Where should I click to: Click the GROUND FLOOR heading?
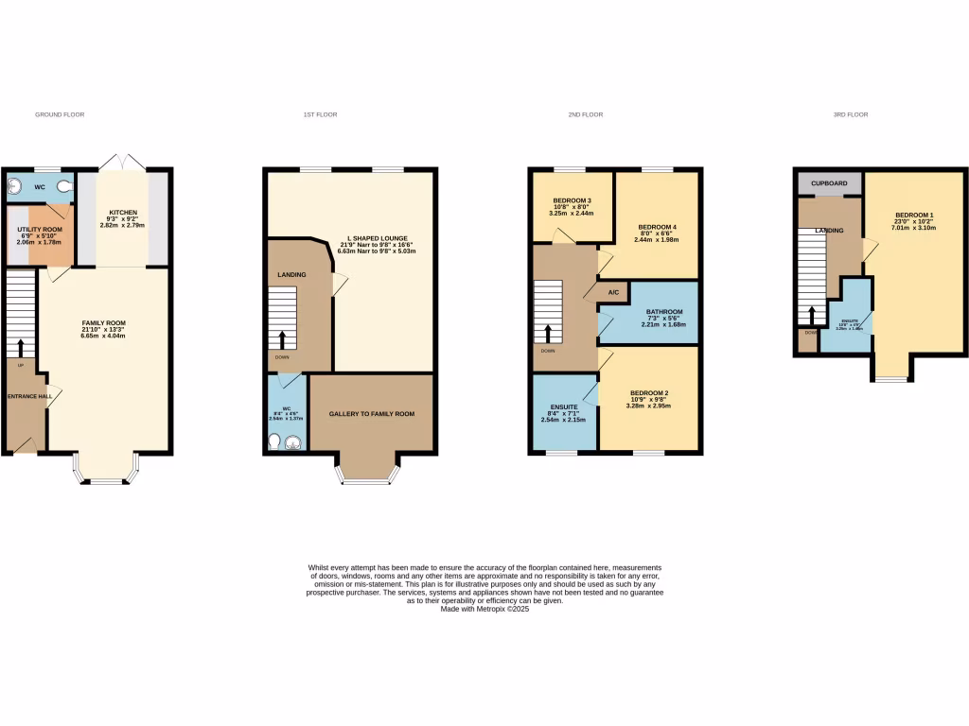pos(60,114)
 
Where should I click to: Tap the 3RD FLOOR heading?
pos(851,114)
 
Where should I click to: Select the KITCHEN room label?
pos(123,212)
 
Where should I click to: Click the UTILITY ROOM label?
pos(40,230)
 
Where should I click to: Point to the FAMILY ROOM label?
pos(104,323)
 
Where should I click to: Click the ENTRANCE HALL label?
pos(29,397)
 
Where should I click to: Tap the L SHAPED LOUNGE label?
pos(375,240)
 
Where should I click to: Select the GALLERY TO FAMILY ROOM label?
pos(372,414)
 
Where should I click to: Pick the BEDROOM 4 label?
pos(658,228)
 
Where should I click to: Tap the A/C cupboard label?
pos(613,292)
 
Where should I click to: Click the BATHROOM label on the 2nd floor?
pos(664,312)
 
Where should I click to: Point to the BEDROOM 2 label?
pos(649,393)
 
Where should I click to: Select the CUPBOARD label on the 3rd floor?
pos(829,182)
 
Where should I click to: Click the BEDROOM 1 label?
pos(913,216)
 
